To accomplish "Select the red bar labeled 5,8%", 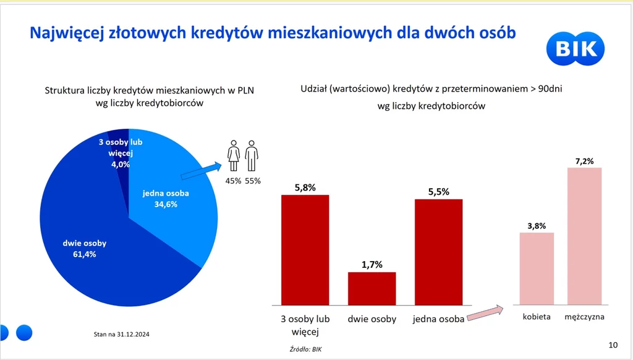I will coord(305,249).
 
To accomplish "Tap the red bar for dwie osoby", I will coord(372,288).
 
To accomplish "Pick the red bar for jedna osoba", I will coord(438,252).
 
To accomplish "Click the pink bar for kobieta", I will coord(537,268).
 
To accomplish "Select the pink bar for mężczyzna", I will coord(584,236).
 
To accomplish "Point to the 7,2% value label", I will coord(584,161).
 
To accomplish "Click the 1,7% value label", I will coord(372,265).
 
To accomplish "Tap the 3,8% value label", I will coord(537,226).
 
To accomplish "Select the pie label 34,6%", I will coord(166,204).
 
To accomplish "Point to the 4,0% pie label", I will coord(120,164).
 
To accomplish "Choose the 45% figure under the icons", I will coord(234,181).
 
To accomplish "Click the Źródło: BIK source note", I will coord(306,349).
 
